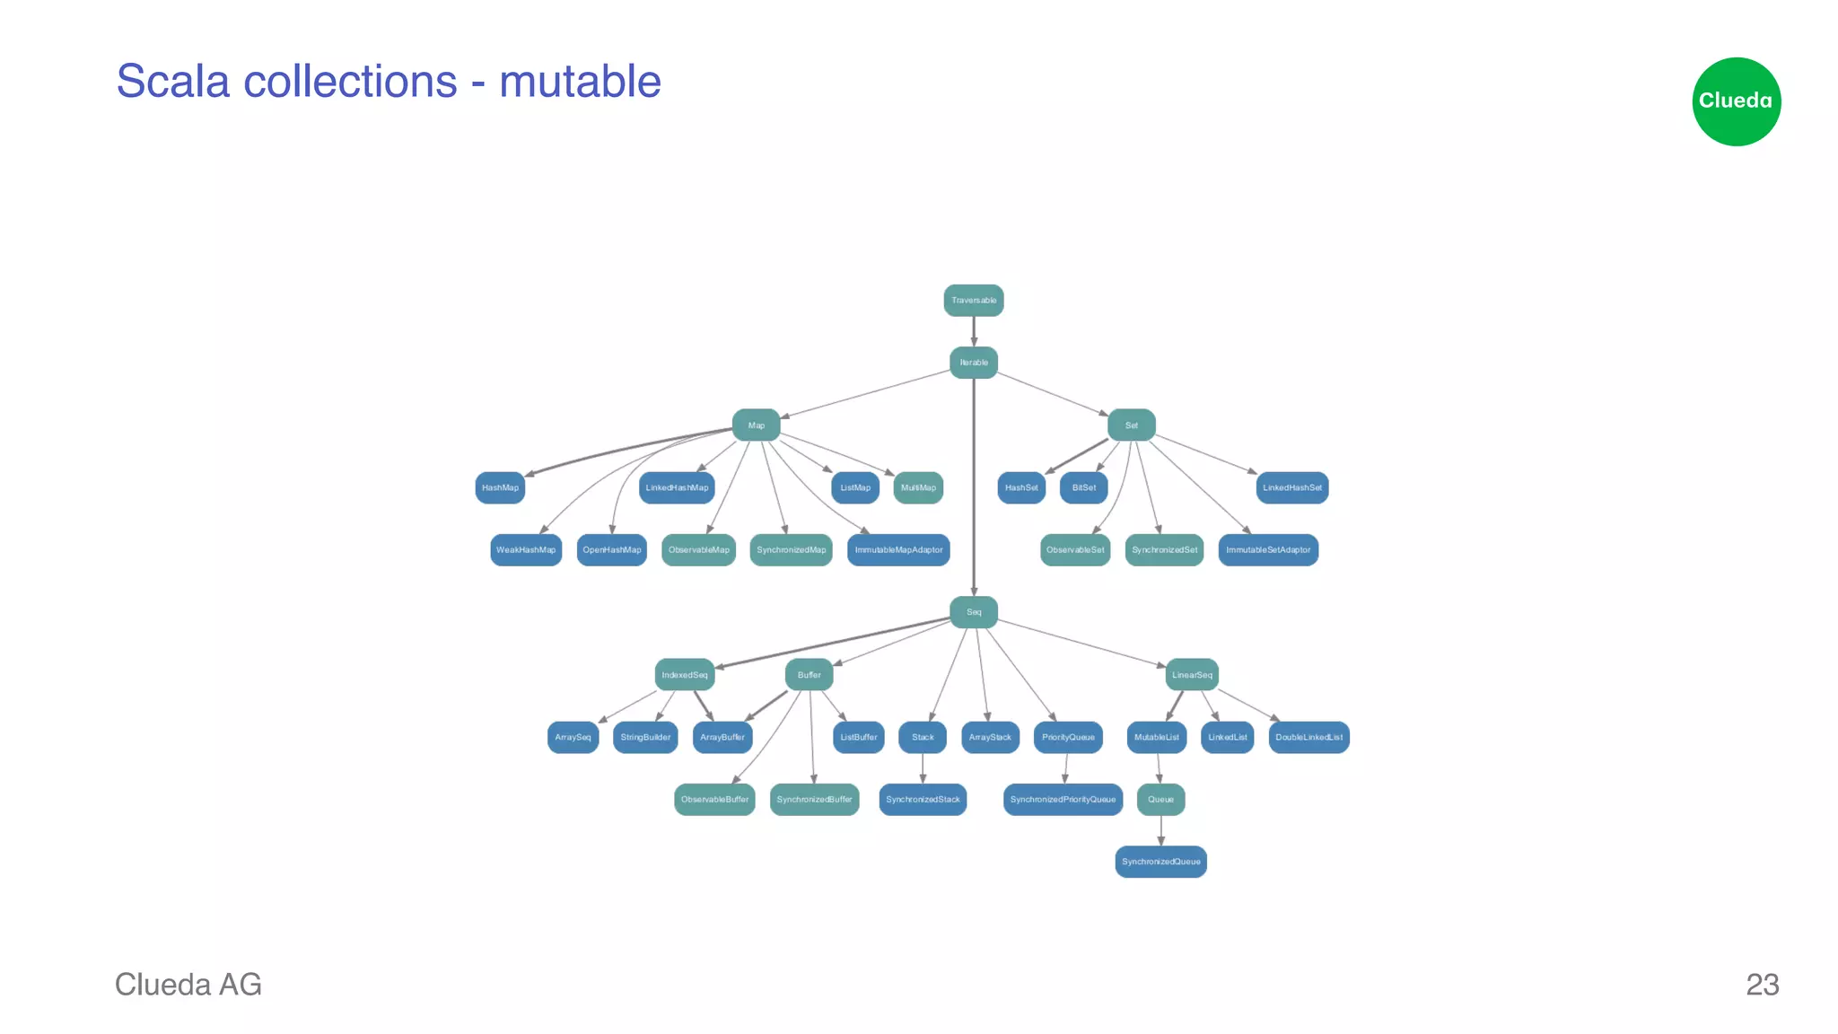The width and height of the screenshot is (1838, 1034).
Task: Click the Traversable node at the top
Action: click(973, 301)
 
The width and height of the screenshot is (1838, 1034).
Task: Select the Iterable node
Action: click(973, 363)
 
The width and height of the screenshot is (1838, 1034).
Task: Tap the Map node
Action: click(756, 425)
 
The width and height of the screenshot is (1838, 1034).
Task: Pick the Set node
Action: click(1131, 425)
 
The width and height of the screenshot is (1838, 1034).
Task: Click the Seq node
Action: click(973, 612)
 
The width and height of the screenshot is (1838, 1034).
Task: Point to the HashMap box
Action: click(500, 488)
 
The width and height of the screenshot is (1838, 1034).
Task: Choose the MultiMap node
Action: click(918, 488)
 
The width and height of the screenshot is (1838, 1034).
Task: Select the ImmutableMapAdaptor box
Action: click(898, 550)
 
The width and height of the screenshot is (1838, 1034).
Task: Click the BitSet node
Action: click(1083, 488)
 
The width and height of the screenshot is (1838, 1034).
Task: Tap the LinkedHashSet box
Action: click(1291, 488)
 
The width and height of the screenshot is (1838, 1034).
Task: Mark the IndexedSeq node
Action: click(684, 675)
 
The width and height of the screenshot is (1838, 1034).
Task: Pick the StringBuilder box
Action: click(644, 738)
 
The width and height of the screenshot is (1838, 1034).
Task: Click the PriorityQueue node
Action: click(1068, 738)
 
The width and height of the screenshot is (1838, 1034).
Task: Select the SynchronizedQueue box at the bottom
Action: click(1160, 862)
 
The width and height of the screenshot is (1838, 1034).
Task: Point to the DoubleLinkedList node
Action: click(1308, 738)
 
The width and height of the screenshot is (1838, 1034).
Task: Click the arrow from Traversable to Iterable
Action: click(974, 331)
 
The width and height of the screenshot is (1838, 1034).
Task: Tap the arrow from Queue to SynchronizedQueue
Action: click(1161, 830)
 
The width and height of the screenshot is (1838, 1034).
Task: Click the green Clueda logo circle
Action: click(1736, 101)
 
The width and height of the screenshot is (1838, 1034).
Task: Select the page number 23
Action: click(1762, 985)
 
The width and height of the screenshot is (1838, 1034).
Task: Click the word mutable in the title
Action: click(580, 82)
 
